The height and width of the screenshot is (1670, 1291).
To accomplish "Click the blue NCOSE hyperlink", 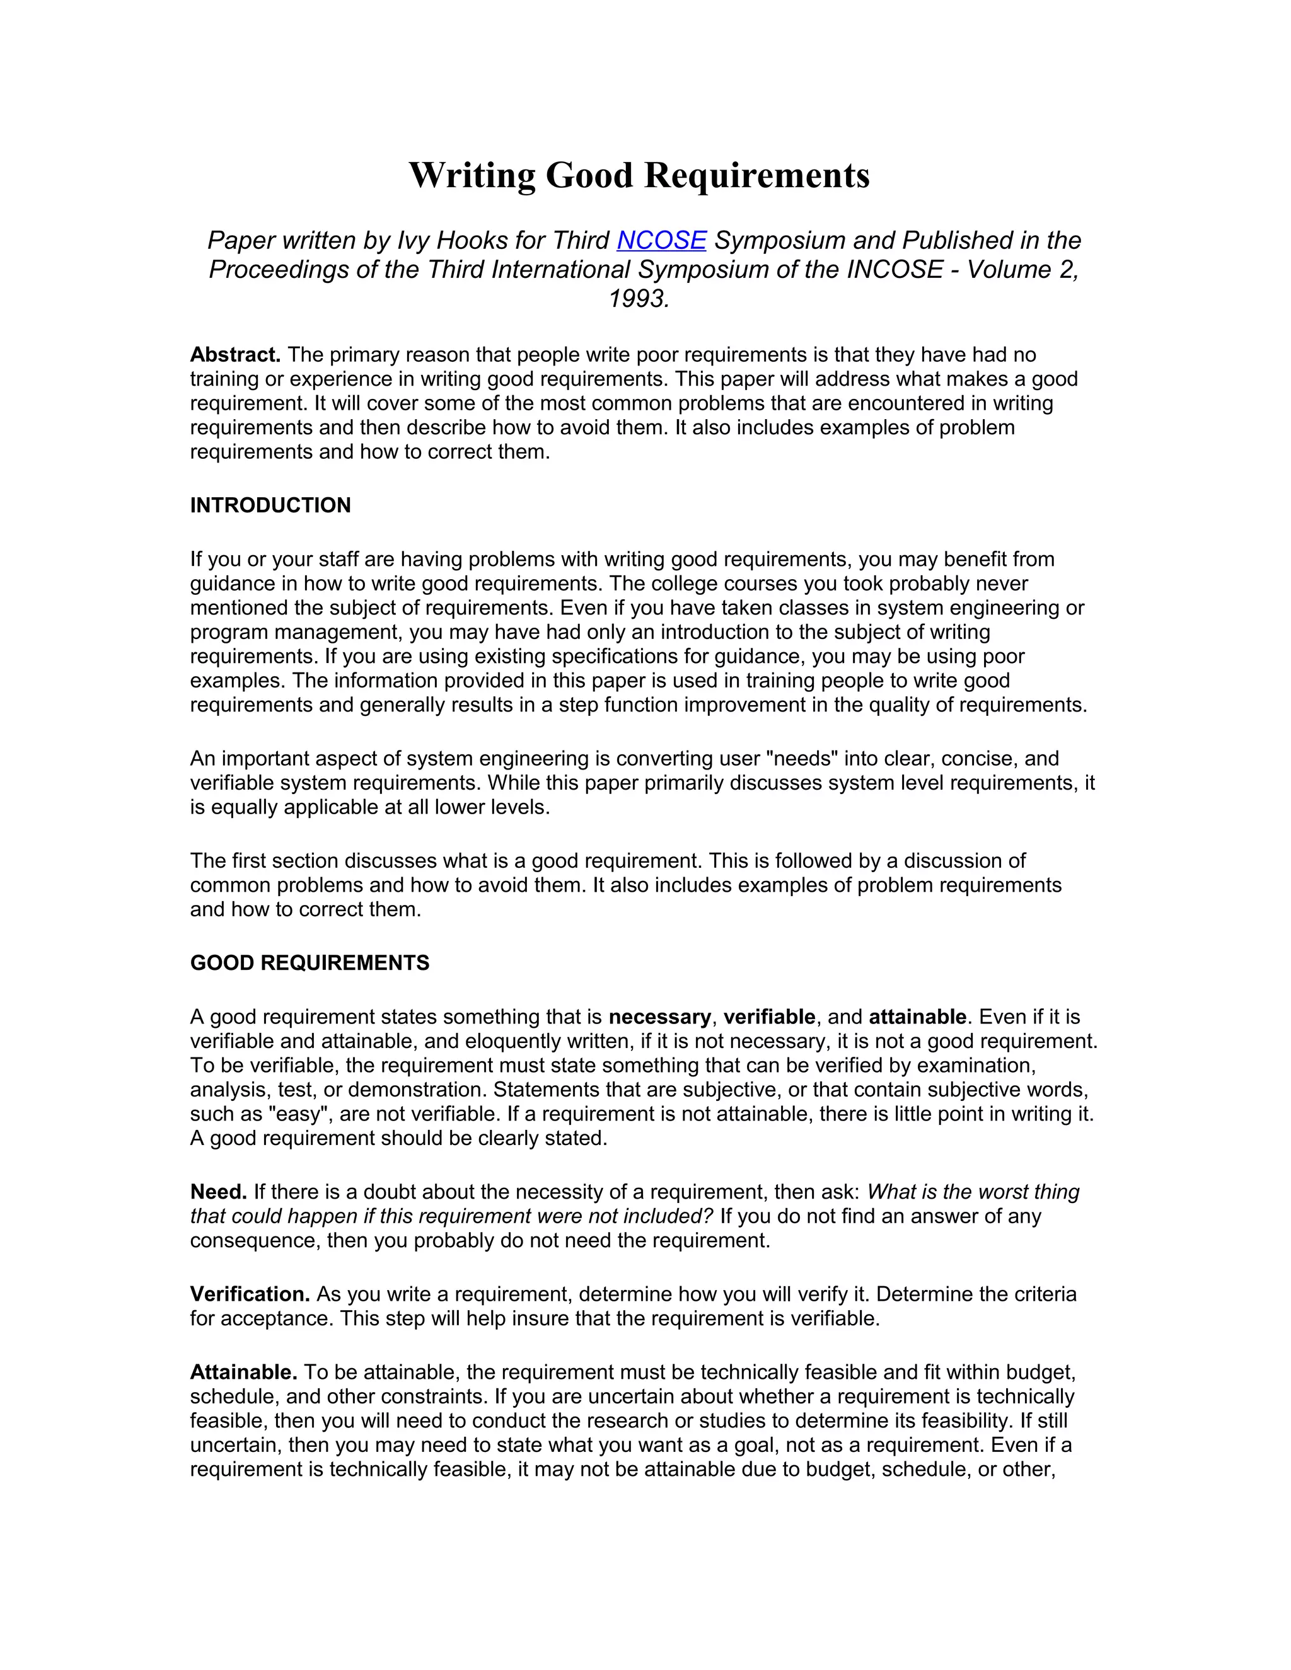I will point(661,240).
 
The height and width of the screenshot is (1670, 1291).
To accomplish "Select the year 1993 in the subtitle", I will point(639,298).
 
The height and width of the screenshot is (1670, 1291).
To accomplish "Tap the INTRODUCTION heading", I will point(270,505).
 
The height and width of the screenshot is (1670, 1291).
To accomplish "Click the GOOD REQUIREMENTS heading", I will point(310,963).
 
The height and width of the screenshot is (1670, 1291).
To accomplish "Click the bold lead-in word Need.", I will point(218,1192).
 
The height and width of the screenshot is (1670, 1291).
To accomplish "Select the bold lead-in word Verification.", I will point(250,1294).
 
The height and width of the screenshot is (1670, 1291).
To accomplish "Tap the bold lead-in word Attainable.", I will point(243,1372).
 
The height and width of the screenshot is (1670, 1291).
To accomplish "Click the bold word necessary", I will point(659,1017).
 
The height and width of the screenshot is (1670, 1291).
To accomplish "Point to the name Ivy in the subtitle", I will point(413,240).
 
